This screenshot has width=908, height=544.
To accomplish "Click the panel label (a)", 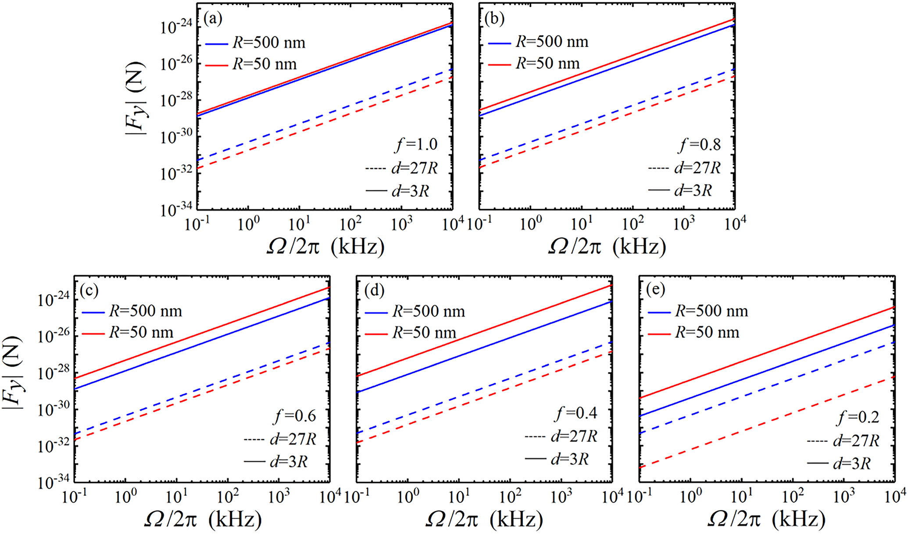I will pos(213,18).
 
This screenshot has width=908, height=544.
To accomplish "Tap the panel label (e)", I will pos(656,290).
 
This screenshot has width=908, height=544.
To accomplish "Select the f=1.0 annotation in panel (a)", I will pos(417,144).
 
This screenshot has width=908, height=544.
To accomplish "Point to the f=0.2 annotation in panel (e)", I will pos(858,417).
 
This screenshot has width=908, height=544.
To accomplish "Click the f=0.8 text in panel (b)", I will pos(700,144).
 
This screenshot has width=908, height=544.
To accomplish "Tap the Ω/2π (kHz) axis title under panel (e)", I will pos(766,519).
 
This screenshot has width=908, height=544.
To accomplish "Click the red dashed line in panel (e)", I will pos(768,422).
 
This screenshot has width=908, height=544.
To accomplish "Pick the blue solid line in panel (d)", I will pos(483,347).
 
